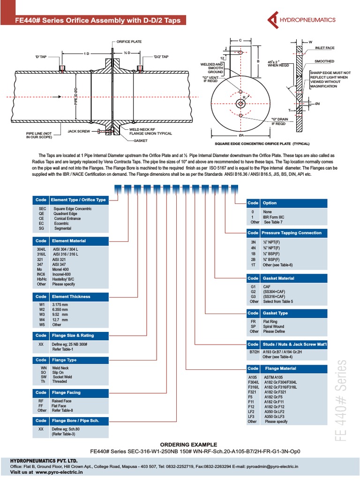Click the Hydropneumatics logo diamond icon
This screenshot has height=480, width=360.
click(273, 20)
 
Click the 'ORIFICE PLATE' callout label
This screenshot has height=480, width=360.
click(129, 42)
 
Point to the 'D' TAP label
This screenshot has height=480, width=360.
click(40, 57)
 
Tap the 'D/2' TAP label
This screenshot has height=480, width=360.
click(161, 57)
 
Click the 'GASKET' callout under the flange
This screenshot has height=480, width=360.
click(141, 140)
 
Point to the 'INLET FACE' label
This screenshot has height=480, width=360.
click(324, 48)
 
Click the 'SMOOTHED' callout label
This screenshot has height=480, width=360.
click(324, 61)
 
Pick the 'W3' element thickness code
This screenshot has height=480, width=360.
click(41, 315)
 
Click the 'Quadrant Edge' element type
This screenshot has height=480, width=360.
click(66, 214)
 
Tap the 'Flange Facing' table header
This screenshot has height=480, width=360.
click(66, 392)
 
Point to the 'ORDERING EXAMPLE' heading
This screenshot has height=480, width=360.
click(188, 444)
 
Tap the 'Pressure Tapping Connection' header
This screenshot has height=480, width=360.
click(291, 232)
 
